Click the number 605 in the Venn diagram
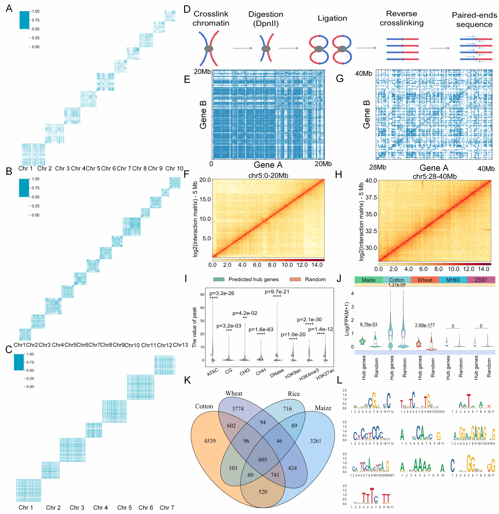(262, 459)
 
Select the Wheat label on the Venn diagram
(234, 393)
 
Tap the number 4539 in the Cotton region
(210, 441)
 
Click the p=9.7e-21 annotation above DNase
(277, 292)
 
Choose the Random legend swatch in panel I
(295, 280)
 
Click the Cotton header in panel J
(396, 280)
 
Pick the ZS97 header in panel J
(481, 280)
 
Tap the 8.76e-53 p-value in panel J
(368, 324)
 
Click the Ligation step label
(332, 18)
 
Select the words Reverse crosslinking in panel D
(402, 18)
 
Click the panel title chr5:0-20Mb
(268, 175)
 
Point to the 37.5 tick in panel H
(371, 197)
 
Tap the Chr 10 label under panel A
(174, 168)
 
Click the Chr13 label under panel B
(180, 345)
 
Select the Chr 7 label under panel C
(167, 507)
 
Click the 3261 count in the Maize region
(315, 441)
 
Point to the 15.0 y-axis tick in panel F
(205, 199)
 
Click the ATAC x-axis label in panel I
(213, 372)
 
